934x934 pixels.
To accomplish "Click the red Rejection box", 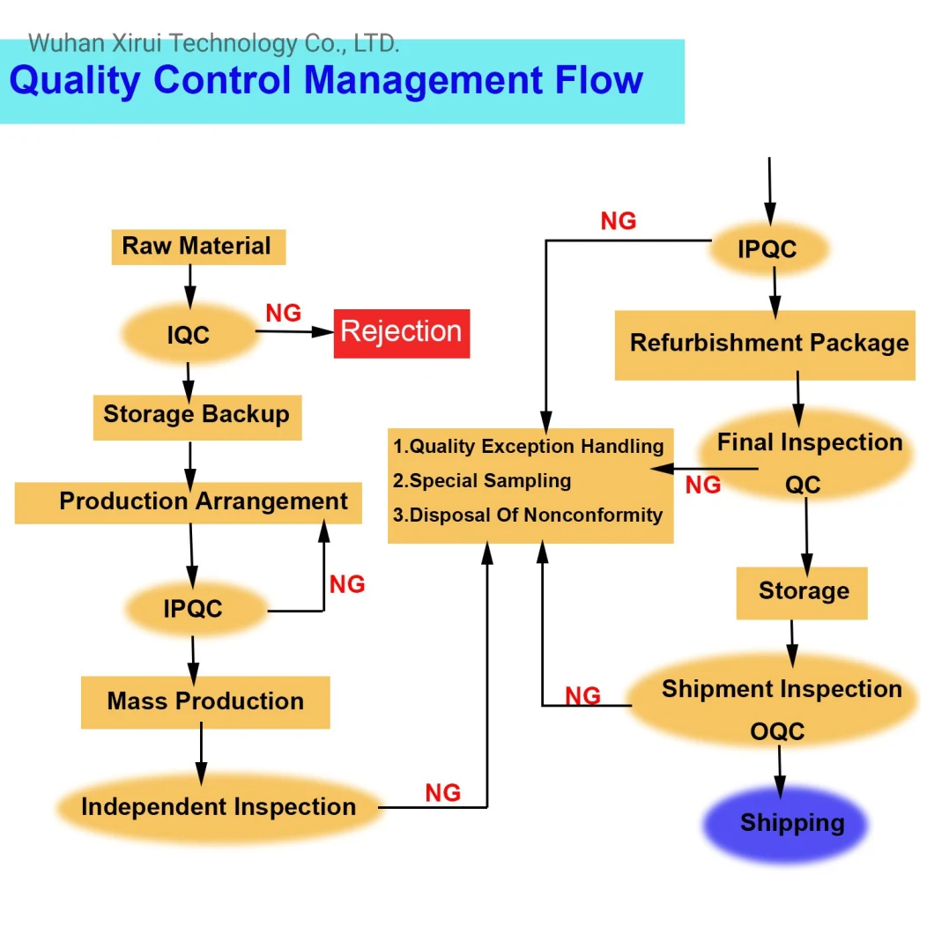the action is pyautogui.click(x=402, y=334).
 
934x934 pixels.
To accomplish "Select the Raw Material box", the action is pyautogui.click(x=198, y=247).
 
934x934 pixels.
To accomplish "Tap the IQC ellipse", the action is pyautogui.click(x=189, y=334).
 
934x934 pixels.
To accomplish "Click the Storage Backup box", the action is pyautogui.click(x=197, y=418).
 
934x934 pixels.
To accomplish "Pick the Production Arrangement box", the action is pyautogui.click(x=189, y=503).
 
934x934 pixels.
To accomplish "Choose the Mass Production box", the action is pyautogui.click(x=205, y=702).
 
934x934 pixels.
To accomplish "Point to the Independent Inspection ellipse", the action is pyautogui.click(x=219, y=807).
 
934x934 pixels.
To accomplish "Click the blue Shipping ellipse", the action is pyautogui.click(x=786, y=824).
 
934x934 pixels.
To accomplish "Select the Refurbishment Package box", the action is pyautogui.click(x=765, y=345).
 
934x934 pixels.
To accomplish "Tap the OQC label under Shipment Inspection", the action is pyautogui.click(x=777, y=731).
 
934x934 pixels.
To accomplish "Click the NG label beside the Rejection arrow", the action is pyautogui.click(x=283, y=313).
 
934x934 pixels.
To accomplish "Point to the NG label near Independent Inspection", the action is pyautogui.click(x=442, y=793).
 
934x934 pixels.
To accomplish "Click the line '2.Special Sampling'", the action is pyautogui.click(x=482, y=481).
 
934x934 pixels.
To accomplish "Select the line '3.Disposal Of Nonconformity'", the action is pyautogui.click(x=528, y=515).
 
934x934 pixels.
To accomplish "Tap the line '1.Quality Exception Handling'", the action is pyautogui.click(x=529, y=446).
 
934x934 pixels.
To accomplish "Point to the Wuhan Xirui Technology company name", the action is pyautogui.click(x=213, y=43).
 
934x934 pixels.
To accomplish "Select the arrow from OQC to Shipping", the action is pyautogui.click(x=780, y=772).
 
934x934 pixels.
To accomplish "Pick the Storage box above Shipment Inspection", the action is pyautogui.click(x=802, y=593).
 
